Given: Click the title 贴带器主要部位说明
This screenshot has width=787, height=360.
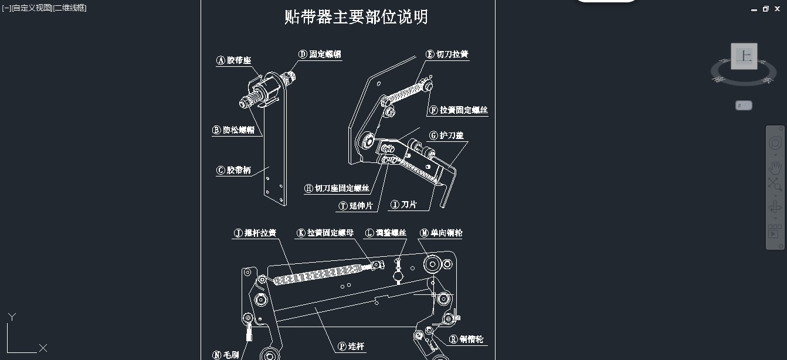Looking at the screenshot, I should (356, 17).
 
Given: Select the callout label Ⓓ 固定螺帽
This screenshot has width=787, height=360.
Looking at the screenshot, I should (320, 55).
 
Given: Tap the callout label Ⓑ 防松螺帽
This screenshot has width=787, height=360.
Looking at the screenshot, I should (234, 130).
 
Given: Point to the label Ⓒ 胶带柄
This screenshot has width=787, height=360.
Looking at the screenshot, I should (234, 171).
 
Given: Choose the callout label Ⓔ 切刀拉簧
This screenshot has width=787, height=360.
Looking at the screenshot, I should (447, 55).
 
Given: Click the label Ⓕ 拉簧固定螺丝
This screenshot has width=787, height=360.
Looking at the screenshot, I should (458, 110).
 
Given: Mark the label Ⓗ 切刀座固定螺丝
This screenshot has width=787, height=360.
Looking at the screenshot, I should (337, 188).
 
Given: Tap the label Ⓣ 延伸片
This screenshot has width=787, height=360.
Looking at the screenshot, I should (356, 206).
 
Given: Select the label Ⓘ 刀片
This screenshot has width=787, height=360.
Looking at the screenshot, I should (404, 205).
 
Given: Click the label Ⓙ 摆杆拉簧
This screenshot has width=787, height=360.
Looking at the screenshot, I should (255, 233).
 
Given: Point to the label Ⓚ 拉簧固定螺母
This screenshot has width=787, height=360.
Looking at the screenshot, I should (325, 233).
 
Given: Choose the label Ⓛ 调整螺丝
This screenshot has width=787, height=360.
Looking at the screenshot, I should (386, 233).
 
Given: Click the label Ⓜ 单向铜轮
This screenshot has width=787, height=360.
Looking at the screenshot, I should (441, 233).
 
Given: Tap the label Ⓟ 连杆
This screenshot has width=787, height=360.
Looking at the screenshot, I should (351, 347).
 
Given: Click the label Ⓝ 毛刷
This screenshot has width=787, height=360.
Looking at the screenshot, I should (226, 355).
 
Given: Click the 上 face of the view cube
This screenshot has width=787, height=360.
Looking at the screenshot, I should (744, 56).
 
